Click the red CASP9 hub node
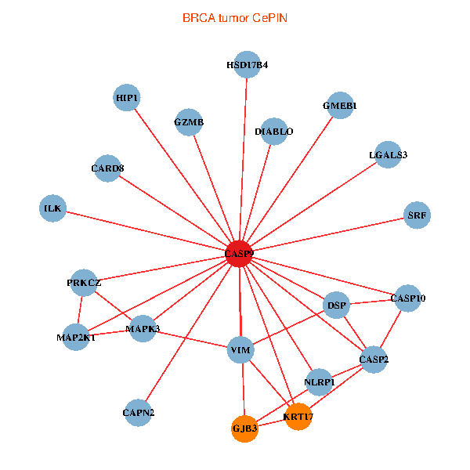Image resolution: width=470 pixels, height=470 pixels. click(239, 253)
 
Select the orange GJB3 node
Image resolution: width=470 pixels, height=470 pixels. click(244, 428)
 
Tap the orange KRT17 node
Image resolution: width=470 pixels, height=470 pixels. click(298, 416)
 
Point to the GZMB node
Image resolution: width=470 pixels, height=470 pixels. click(189, 122)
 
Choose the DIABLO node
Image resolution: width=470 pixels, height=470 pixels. click(274, 131)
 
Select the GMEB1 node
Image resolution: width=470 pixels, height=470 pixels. click(340, 106)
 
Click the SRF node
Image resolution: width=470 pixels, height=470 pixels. click(418, 214)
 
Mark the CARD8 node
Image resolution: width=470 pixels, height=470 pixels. click(107, 168)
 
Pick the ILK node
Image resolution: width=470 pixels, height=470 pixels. click(52, 208)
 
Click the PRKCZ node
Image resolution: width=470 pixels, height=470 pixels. click(84, 283)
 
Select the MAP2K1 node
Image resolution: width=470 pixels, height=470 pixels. click(76, 338)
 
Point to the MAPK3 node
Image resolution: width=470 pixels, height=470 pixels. click(143, 328)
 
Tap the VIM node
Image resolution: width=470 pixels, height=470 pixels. click(240, 349)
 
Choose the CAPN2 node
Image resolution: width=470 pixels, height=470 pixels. click(139, 412)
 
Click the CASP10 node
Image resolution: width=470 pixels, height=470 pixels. click(407, 298)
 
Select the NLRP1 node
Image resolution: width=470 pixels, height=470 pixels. click(319, 381)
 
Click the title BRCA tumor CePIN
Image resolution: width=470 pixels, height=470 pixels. click(235, 17)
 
